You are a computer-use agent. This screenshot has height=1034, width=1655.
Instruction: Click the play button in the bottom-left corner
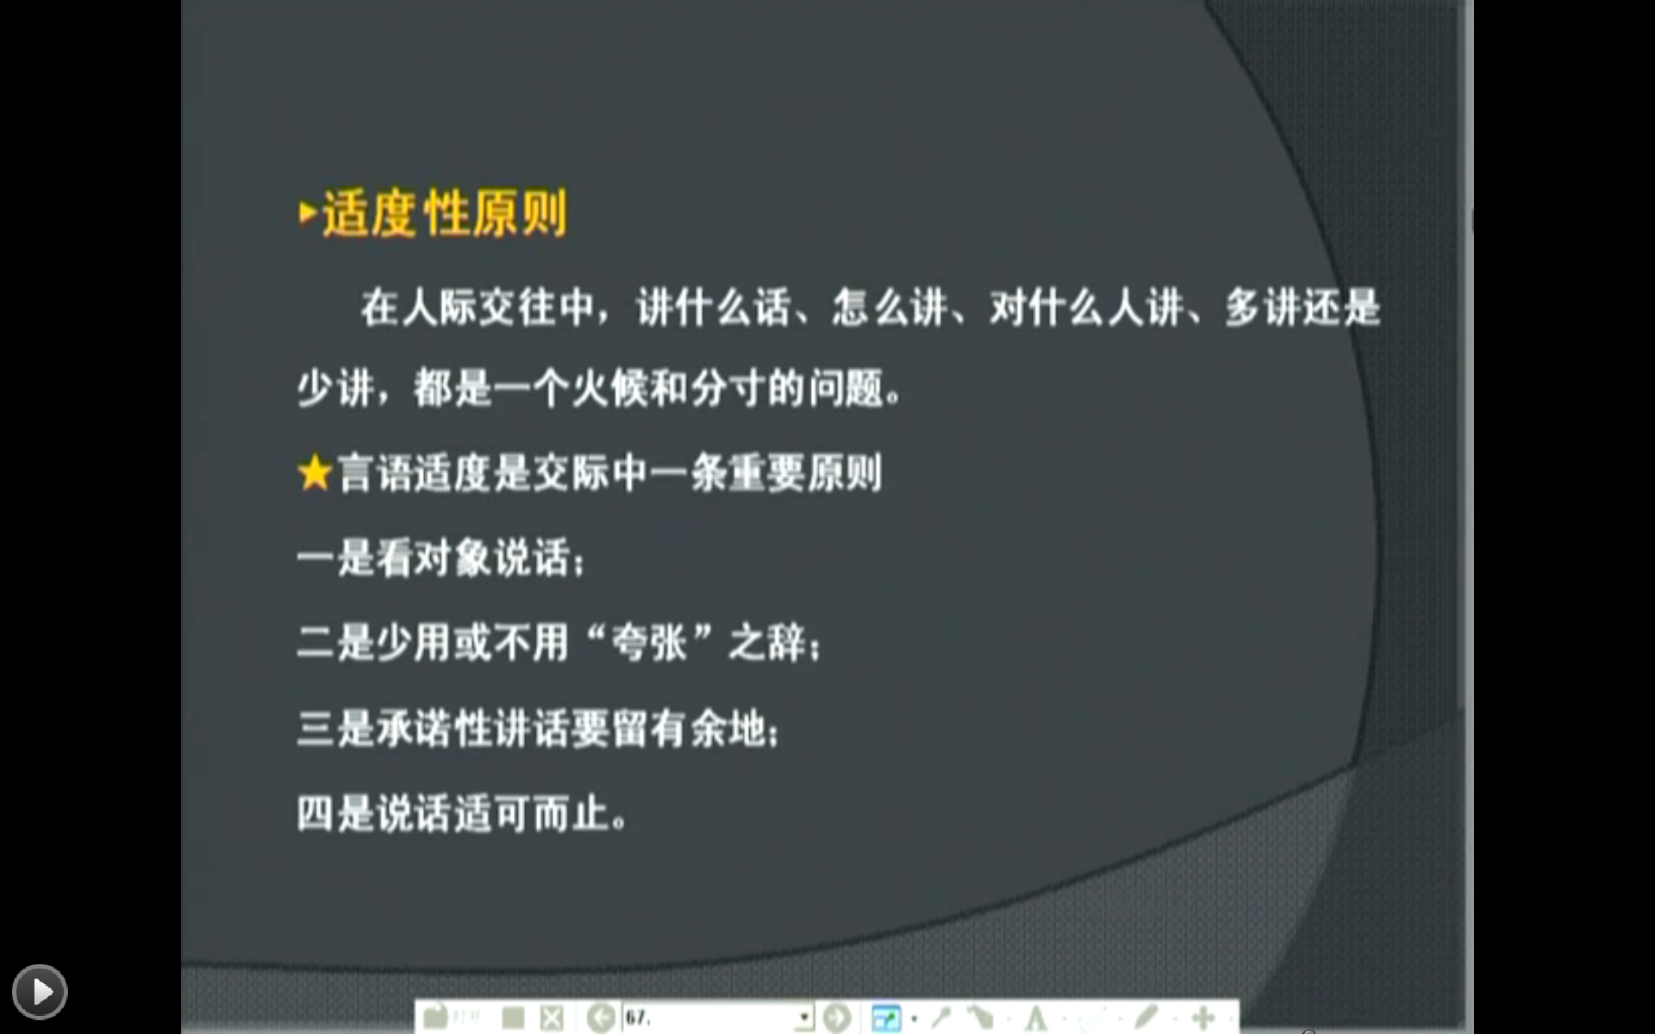(x=40, y=992)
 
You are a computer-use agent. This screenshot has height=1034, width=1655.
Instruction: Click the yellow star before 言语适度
(x=315, y=472)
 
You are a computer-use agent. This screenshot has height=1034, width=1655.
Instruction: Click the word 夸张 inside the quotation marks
(x=649, y=642)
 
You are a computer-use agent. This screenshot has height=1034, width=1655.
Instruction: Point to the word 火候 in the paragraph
(x=609, y=388)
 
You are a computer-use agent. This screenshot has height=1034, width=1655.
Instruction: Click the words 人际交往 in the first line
(x=478, y=308)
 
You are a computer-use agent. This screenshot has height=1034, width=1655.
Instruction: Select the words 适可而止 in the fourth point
(x=532, y=813)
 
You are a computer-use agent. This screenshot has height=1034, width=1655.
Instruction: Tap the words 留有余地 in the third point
(x=688, y=729)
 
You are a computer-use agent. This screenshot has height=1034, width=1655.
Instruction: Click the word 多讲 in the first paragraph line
(x=1264, y=308)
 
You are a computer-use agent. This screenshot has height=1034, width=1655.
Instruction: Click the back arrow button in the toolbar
(x=601, y=1018)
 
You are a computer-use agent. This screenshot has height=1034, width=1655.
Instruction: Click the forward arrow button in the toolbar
(x=836, y=1018)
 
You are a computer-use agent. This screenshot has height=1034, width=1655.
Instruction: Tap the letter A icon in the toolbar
(x=1036, y=1018)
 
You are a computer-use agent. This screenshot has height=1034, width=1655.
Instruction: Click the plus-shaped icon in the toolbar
(x=1203, y=1018)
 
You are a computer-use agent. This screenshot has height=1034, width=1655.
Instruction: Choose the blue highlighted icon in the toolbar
(x=885, y=1018)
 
